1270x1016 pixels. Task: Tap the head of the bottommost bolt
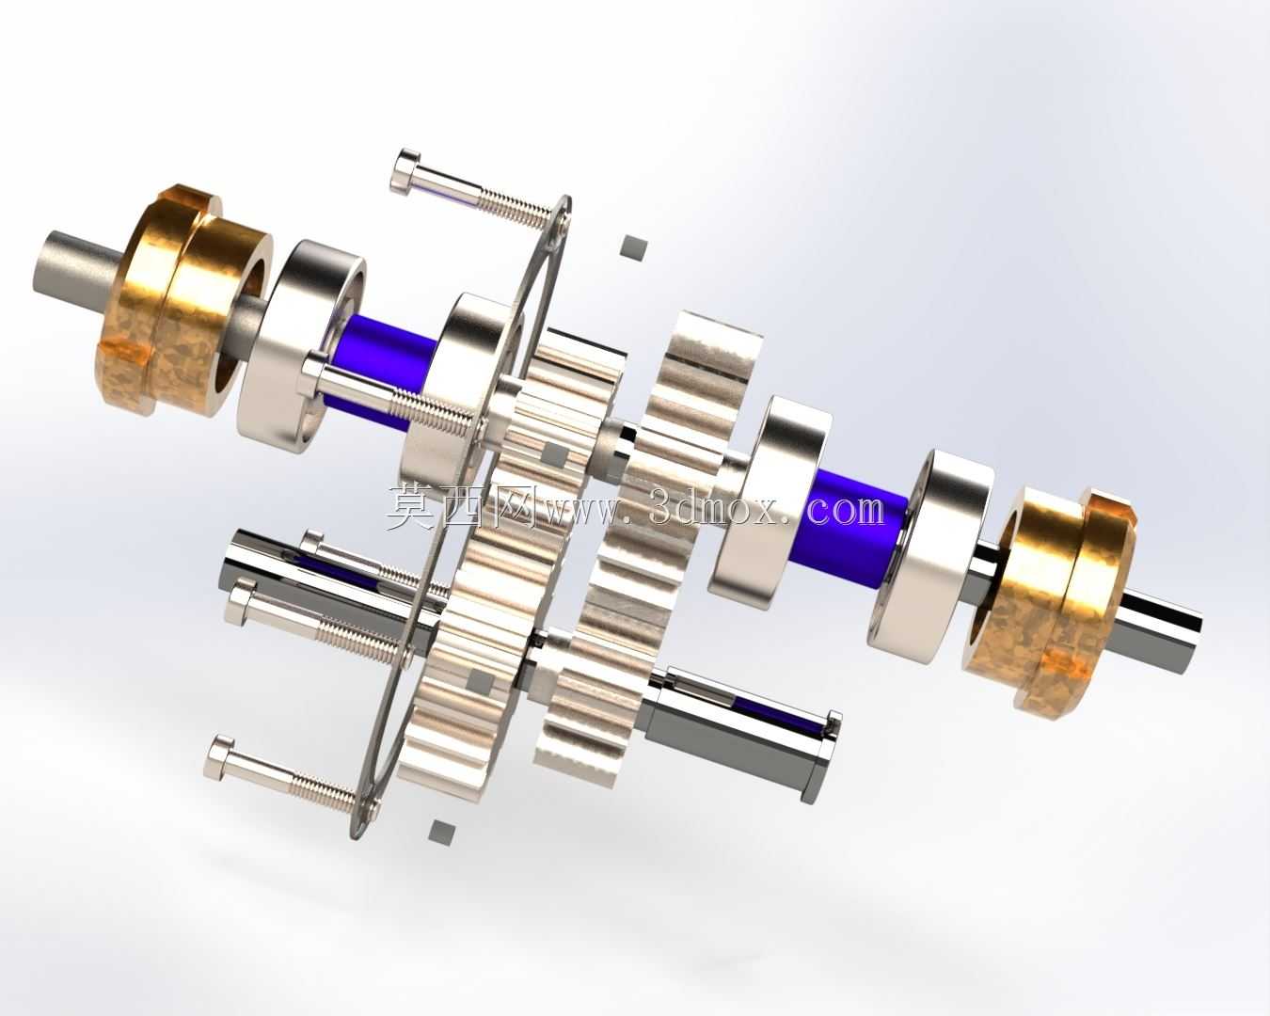(218, 755)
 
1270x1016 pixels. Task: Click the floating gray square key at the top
(634, 246)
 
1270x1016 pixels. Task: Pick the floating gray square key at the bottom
(444, 832)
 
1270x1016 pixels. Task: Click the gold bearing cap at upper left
(183, 301)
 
